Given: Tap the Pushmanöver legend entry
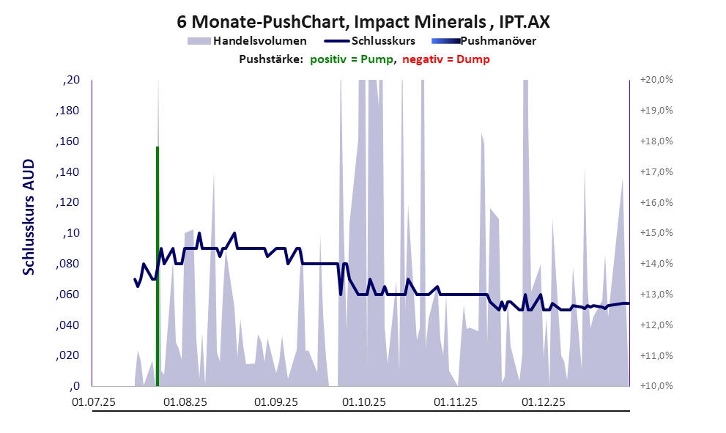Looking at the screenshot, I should tap(497, 41).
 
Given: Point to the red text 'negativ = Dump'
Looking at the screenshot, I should tap(446, 59).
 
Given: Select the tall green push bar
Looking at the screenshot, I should tap(158, 264).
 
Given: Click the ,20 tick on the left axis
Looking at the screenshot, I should tap(71, 80).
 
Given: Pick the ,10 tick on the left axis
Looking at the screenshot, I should tap(71, 233).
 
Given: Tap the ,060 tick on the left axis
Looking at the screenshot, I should tap(69, 295).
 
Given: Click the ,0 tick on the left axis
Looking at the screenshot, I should tap(74, 386).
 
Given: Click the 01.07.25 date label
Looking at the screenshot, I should tap(94, 402).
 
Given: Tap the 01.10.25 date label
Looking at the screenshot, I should tap(363, 402).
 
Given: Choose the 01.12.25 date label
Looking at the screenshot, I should tap(543, 402).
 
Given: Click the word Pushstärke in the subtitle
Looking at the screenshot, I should tap(271, 59).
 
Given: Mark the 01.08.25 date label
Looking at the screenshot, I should tap(185, 402).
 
